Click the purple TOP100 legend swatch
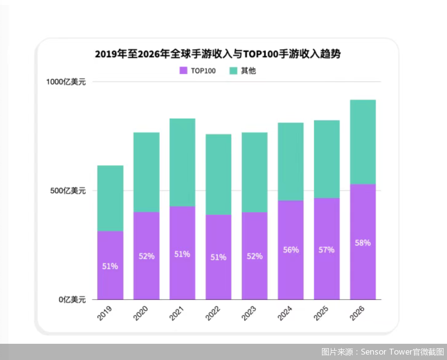pos(184,70)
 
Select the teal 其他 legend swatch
pos(234,70)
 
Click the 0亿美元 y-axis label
pos(72,299)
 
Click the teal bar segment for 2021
pos(182,162)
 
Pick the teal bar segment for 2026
pos(363,142)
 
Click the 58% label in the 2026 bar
pos(363,242)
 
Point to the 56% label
pos(290,250)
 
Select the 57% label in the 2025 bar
pos(326,250)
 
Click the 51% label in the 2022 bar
pos(218,257)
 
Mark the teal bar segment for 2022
pos(218,174)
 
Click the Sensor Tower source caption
pos(383,352)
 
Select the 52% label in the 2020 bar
pos(146,256)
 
